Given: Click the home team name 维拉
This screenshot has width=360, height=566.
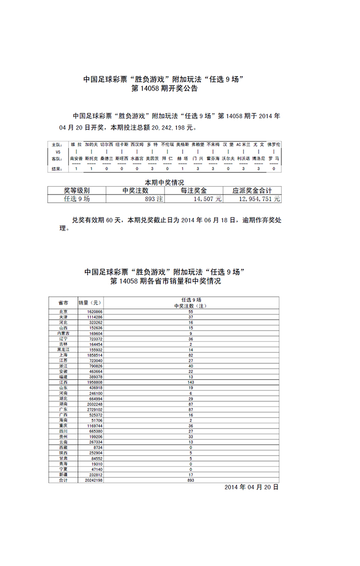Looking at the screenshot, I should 76,145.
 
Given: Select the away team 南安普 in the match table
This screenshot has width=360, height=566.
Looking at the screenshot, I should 76,158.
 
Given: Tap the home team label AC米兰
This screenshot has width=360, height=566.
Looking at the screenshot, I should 243,145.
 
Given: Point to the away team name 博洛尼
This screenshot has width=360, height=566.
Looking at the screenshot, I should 259,158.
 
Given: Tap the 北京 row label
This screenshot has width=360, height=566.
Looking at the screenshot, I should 63,312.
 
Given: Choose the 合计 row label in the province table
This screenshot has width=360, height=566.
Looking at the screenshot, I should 63,480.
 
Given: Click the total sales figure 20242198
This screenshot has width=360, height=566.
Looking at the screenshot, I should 91,480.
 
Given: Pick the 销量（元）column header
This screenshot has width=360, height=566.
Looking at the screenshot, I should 89,303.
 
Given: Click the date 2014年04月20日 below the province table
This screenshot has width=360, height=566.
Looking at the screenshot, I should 251,487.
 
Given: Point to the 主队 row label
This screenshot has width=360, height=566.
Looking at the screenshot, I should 58,145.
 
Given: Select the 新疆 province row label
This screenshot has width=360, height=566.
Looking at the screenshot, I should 63,475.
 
